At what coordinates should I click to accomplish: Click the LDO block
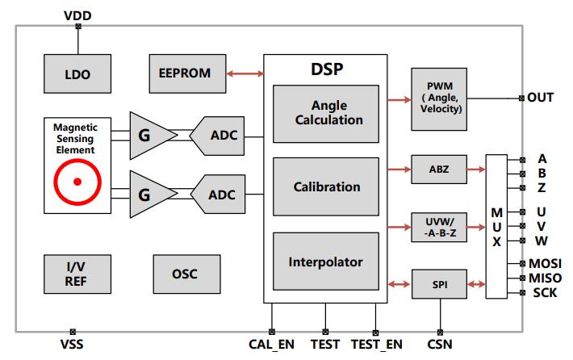click(x=77, y=73)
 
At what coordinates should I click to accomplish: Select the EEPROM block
click(x=187, y=73)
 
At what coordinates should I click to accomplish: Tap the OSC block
click(x=186, y=274)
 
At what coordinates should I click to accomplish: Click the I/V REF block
click(x=77, y=274)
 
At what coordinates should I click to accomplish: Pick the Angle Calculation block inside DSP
click(x=326, y=114)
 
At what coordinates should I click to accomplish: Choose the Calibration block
click(x=326, y=186)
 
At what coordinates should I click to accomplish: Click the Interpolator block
click(x=326, y=262)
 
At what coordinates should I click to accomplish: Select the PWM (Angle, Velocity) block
click(x=439, y=99)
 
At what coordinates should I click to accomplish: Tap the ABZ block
click(x=439, y=170)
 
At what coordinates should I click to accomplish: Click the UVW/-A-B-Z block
click(x=439, y=228)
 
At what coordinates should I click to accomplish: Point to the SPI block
click(x=439, y=284)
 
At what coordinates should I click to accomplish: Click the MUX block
click(x=496, y=227)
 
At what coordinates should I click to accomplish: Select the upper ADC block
click(x=218, y=136)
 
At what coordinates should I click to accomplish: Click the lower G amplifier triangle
click(x=152, y=195)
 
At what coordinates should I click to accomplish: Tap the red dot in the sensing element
click(x=77, y=182)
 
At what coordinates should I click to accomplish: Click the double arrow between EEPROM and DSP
click(x=245, y=73)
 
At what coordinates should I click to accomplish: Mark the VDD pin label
click(x=77, y=15)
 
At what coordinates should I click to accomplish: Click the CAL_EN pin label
click(x=271, y=345)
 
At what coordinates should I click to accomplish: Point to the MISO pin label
click(x=546, y=278)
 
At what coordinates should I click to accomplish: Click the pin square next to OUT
click(x=521, y=98)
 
